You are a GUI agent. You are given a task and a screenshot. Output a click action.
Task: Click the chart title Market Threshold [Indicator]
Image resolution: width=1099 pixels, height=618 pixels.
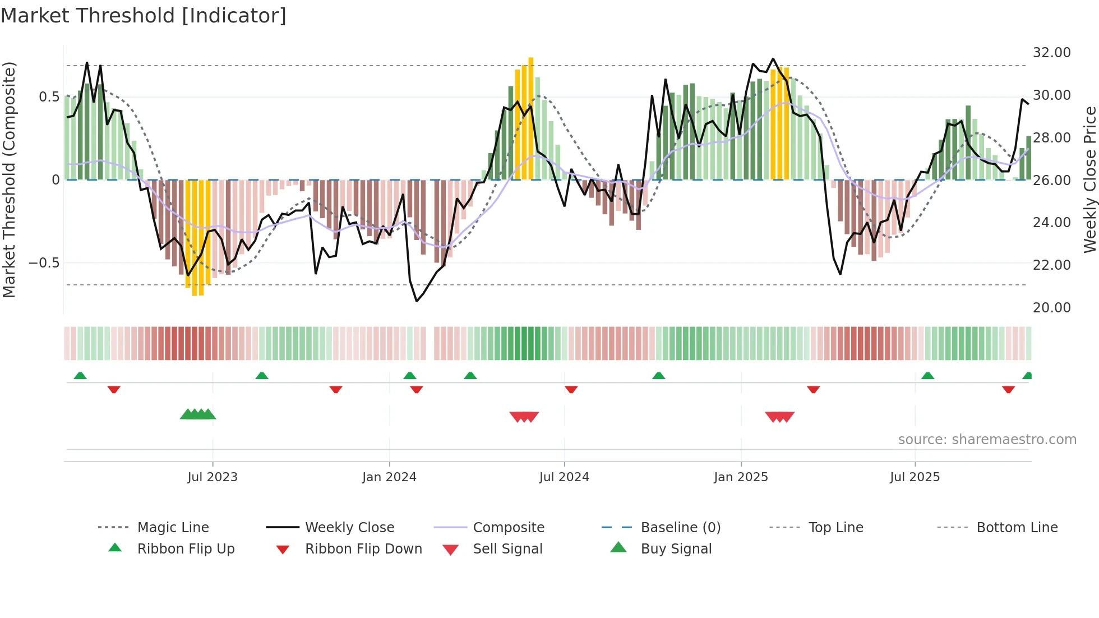click(x=144, y=16)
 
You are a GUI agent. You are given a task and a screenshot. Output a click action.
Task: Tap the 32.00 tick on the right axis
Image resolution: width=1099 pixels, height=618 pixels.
click(x=1051, y=53)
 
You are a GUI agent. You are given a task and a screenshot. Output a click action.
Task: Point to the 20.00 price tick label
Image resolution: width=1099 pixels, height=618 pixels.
click(x=1051, y=307)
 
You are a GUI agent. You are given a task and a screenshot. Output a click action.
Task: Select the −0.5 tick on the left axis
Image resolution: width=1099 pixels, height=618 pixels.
click(x=44, y=263)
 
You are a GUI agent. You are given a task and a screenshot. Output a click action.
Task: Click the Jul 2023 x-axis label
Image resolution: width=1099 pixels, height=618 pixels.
click(x=213, y=477)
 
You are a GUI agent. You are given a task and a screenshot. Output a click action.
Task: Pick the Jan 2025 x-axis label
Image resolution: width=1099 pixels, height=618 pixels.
click(x=741, y=477)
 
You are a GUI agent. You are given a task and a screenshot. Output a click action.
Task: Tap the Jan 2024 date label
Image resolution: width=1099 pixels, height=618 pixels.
click(x=389, y=477)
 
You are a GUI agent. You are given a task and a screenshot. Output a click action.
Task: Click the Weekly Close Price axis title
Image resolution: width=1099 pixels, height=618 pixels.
click(x=1089, y=179)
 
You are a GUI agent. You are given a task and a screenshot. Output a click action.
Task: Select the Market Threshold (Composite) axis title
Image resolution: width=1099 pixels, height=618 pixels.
click(x=9, y=179)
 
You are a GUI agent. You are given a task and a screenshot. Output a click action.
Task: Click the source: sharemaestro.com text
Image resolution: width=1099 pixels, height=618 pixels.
click(x=987, y=440)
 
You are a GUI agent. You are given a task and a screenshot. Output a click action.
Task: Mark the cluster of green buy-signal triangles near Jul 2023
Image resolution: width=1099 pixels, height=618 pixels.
click(x=197, y=415)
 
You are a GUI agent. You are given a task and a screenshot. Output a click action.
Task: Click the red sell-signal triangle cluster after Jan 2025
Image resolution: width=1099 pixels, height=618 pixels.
click(x=779, y=417)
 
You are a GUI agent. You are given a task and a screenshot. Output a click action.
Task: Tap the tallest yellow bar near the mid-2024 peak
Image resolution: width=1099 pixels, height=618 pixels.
click(x=530, y=118)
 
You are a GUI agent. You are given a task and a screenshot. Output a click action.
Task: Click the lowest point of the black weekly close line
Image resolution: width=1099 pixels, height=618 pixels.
click(x=417, y=301)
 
